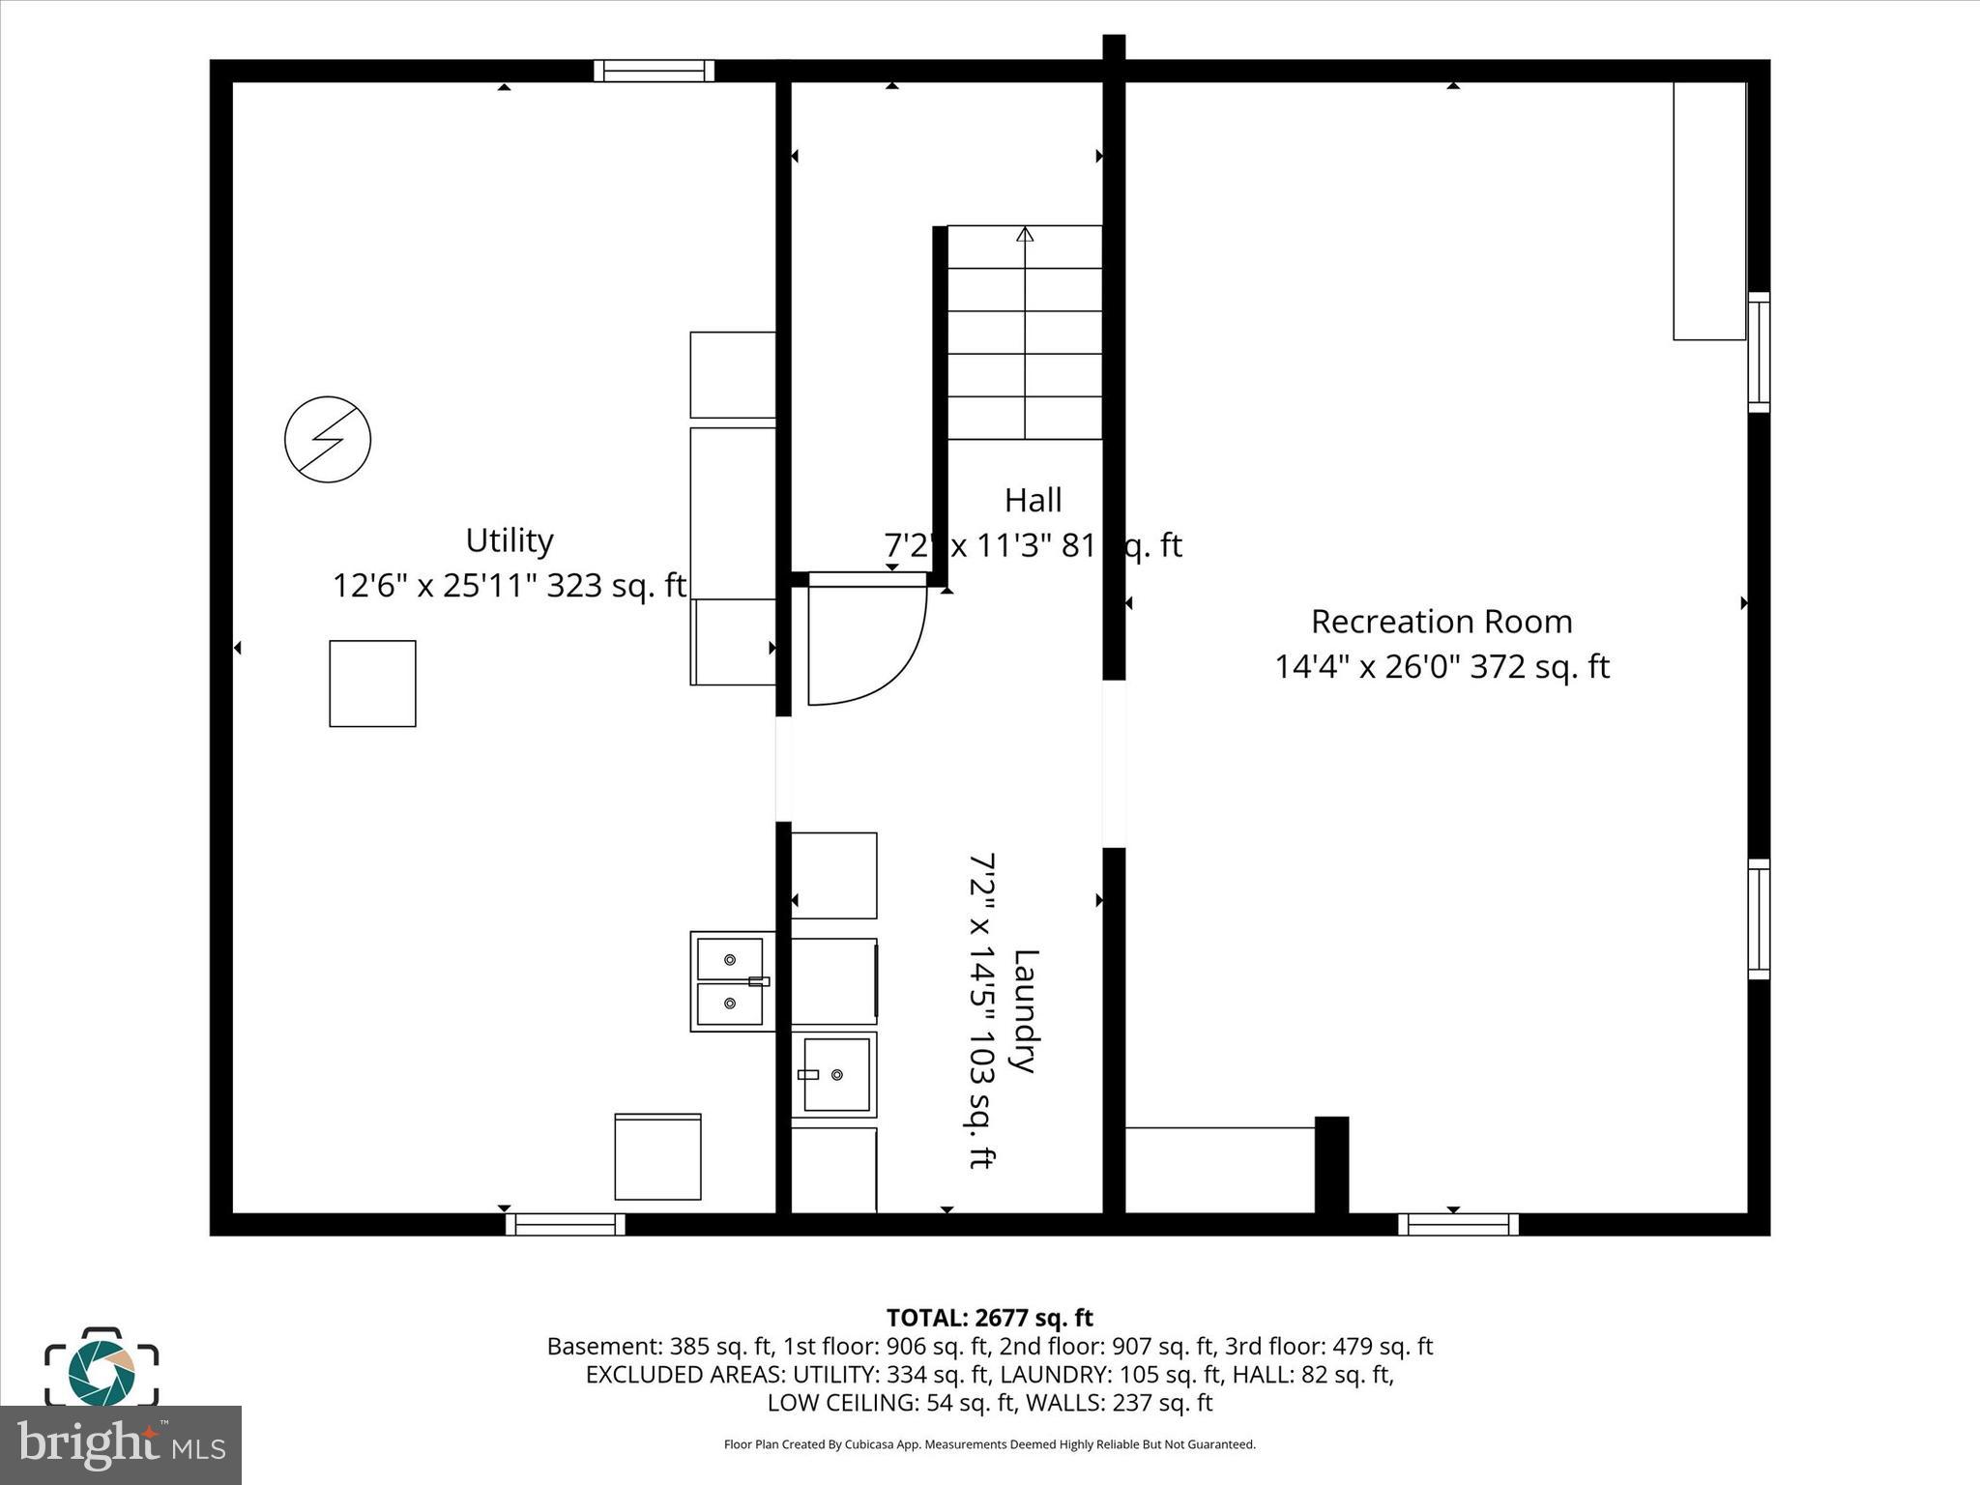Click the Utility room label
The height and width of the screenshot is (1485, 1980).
[x=509, y=540]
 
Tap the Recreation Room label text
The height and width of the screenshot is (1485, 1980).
[x=1441, y=622]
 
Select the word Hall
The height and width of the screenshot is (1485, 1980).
[x=1033, y=501]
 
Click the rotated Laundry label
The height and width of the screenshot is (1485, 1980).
[x=1024, y=1010]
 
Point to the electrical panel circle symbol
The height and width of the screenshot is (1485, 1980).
[x=328, y=440]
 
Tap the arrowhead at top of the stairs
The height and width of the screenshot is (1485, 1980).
[x=1025, y=234]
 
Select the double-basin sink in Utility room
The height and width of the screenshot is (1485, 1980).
[x=731, y=981]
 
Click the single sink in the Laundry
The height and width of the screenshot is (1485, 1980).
[x=834, y=1074]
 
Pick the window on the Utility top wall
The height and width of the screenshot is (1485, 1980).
[x=654, y=71]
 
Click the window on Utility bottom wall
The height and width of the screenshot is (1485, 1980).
[x=565, y=1224]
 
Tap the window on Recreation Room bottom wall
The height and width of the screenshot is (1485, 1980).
[x=1458, y=1224]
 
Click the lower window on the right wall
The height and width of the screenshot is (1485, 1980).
[x=1759, y=918]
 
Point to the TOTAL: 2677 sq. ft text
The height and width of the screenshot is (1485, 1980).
[x=989, y=1318]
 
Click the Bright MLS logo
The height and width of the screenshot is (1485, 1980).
[x=120, y=1445]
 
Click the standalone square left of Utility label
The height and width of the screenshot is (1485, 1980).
[x=372, y=684]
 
